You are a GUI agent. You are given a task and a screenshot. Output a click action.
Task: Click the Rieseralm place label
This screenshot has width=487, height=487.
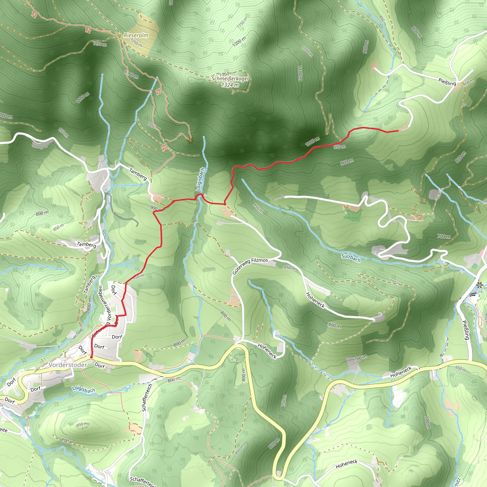pyautogui.click(x=136, y=35)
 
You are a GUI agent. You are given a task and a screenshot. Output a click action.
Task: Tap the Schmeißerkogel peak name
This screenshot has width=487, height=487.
pyautogui.click(x=230, y=79)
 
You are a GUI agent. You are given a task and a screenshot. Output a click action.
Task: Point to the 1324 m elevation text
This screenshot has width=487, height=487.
pyautogui.click(x=230, y=85)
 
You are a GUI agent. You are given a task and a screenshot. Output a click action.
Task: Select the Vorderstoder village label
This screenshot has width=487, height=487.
pyautogui.click(x=68, y=365)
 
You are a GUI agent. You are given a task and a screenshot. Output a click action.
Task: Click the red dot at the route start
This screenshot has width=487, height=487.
pyautogui.click(x=91, y=357)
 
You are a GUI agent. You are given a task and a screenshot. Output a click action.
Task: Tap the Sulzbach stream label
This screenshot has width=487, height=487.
pyautogui.click(x=351, y=258)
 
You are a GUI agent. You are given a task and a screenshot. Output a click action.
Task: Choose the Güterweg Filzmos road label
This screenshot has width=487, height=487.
pyautogui.click(x=250, y=266)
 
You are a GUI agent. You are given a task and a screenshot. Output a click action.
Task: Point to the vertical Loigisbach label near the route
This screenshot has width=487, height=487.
pyautogui.click(x=200, y=179)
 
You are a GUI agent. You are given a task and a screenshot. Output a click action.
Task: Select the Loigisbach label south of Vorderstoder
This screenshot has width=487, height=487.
pyautogui.click(x=84, y=390)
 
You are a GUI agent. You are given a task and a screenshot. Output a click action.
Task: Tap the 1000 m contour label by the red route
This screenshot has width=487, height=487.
pyautogui.click(x=312, y=142)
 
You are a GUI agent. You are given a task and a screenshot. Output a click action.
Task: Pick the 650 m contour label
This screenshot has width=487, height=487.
pyautogui.click(x=461, y=369)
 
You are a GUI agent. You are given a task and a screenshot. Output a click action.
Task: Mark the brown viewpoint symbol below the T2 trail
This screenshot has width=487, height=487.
pyautogui.click(x=190, y=141)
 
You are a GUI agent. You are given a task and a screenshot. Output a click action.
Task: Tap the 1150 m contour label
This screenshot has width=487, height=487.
pyautogui.click(x=242, y=22)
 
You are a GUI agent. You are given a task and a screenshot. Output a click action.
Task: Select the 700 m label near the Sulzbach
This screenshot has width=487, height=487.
pyautogui.click(x=444, y=236)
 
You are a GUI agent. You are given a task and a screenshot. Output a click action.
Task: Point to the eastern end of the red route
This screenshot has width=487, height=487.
pyautogui.click(x=398, y=131)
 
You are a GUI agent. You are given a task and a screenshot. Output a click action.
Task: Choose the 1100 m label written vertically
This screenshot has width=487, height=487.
pyautogui.click(x=300, y=73)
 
